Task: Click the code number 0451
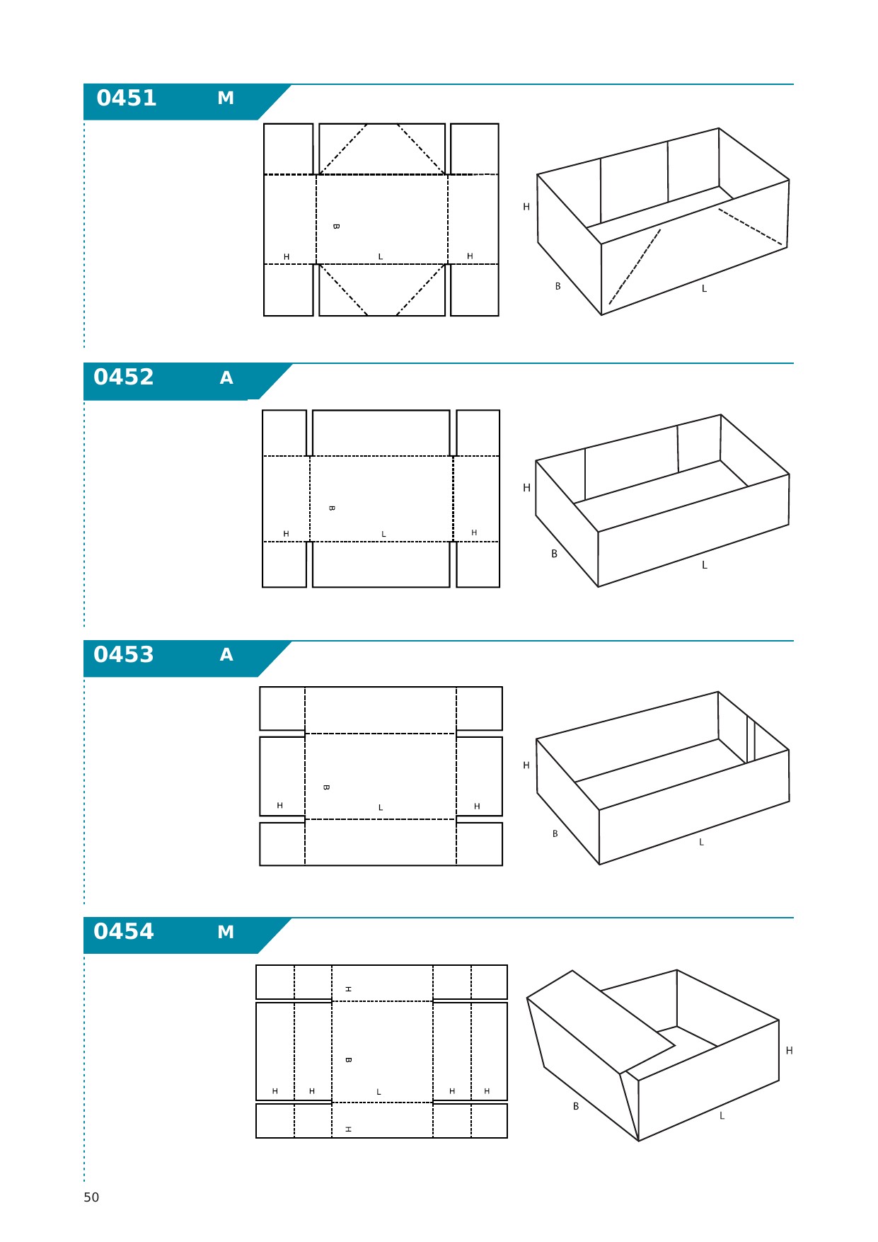click(127, 98)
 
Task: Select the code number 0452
click(124, 377)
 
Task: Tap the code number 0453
click(124, 654)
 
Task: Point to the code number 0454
click(124, 931)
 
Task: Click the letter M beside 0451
click(226, 98)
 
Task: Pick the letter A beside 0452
click(226, 378)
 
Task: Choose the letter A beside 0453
click(226, 655)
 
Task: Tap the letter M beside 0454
click(226, 933)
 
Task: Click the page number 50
click(91, 1197)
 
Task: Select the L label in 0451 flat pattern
click(381, 257)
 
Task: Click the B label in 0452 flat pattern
click(332, 508)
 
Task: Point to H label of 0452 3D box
click(526, 488)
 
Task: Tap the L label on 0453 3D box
click(701, 842)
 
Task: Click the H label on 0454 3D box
click(789, 1051)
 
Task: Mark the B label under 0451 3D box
click(558, 287)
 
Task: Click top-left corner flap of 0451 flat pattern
click(289, 149)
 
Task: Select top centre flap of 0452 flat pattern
click(381, 433)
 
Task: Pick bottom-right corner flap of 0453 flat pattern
click(480, 844)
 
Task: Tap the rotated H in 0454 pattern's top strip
click(348, 989)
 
